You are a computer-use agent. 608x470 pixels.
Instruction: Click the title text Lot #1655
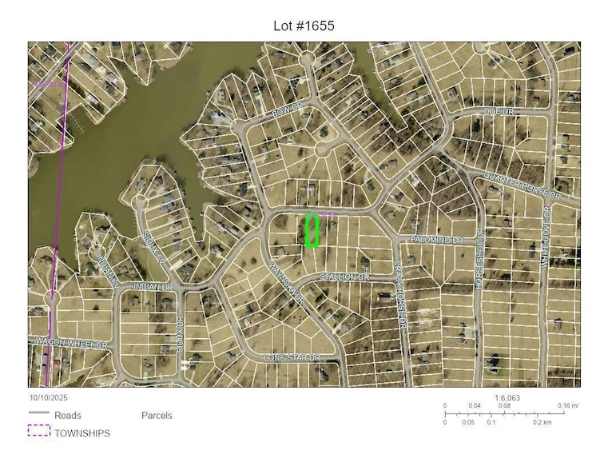[x=304, y=26]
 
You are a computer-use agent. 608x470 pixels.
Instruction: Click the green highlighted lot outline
[x=312, y=230]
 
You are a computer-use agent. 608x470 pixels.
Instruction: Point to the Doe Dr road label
[x=499, y=112]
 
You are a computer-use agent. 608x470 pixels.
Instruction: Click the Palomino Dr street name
[x=437, y=240]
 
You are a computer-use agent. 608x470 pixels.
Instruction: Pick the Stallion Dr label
[x=344, y=277]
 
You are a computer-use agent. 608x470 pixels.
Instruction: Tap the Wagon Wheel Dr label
[x=71, y=343]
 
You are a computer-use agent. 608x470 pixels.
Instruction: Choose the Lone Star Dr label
[x=292, y=358]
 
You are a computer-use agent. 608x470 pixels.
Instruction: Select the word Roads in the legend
[x=68, y=416]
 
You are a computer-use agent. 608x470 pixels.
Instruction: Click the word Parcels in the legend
[x=157, y=416]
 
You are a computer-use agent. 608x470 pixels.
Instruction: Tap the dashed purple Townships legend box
[x=38, y=431]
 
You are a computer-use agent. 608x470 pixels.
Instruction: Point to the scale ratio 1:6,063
[x=508, y=397]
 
